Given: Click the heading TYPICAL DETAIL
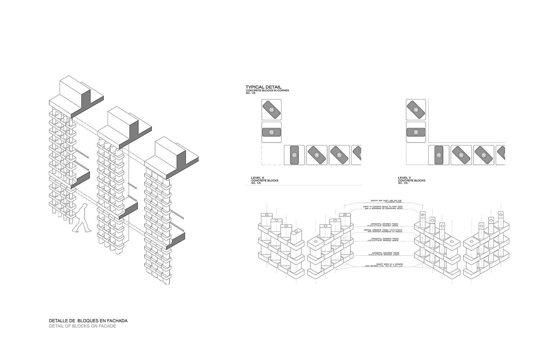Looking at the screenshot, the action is (x=263, y=87).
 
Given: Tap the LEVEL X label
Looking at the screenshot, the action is (x=258, y=178).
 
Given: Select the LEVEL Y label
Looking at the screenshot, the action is (x=405, y=178).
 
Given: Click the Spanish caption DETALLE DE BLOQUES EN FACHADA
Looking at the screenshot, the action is (x=88, y=320).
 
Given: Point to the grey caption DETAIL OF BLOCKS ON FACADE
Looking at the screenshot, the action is (x=82, y=326).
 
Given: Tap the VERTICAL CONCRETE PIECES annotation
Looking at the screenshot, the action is (x=383, y=230).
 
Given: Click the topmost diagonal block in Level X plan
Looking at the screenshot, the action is (x=271, y=109).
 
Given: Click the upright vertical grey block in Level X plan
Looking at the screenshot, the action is (x=294, y=155).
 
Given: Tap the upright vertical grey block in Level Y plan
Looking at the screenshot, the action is (x=439, y=155).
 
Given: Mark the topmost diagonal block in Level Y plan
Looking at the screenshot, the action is (x=416, y=109).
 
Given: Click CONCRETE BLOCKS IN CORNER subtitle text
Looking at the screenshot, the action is (x=267, y=91).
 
